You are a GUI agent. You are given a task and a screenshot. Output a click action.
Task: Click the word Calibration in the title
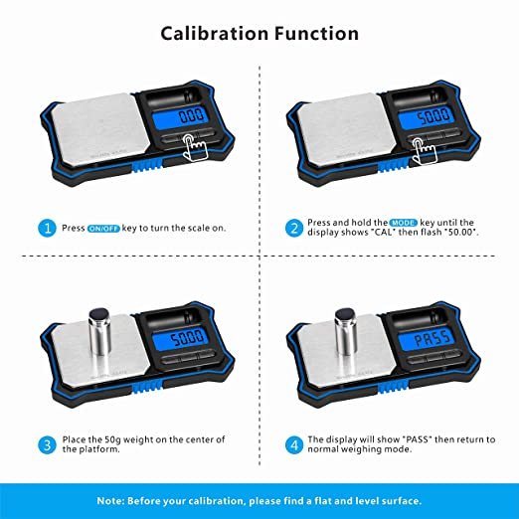pos(215,34)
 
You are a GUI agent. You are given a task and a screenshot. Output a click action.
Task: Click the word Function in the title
pos(316,34)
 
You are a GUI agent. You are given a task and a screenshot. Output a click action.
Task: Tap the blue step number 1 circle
pos(47,228)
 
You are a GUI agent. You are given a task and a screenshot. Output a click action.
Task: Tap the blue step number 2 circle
pos(294,228)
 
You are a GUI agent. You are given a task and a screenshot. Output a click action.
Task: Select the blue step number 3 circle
pos(47,444)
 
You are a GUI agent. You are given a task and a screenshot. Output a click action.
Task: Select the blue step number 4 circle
pos(294,444)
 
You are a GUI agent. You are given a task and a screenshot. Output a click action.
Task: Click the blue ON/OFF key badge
pos(103,229)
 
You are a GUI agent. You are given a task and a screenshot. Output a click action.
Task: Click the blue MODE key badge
pos(404,223)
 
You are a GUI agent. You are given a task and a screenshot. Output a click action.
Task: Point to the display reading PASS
pos(431,339)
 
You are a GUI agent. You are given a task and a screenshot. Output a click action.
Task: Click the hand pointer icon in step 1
pos(195,148)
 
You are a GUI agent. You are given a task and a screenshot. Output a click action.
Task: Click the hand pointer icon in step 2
pos(424,151)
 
